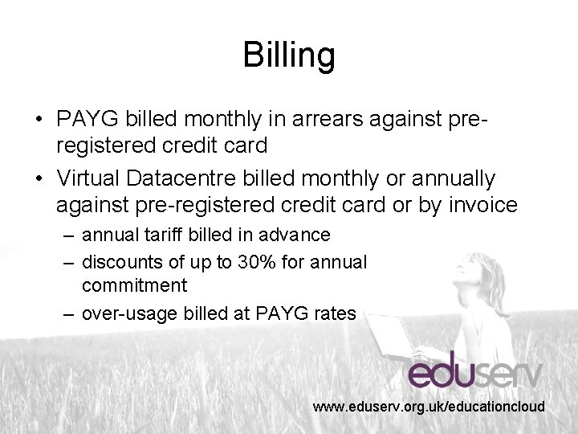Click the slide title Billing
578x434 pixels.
(x=289, y=56)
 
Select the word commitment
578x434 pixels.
(x=134, y=285)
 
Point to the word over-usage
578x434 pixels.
(x=127, y=313)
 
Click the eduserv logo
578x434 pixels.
(x=475, y=371)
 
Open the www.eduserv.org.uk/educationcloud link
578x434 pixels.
(x=429, y=407)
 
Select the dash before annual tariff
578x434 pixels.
(x=70, y=235)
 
